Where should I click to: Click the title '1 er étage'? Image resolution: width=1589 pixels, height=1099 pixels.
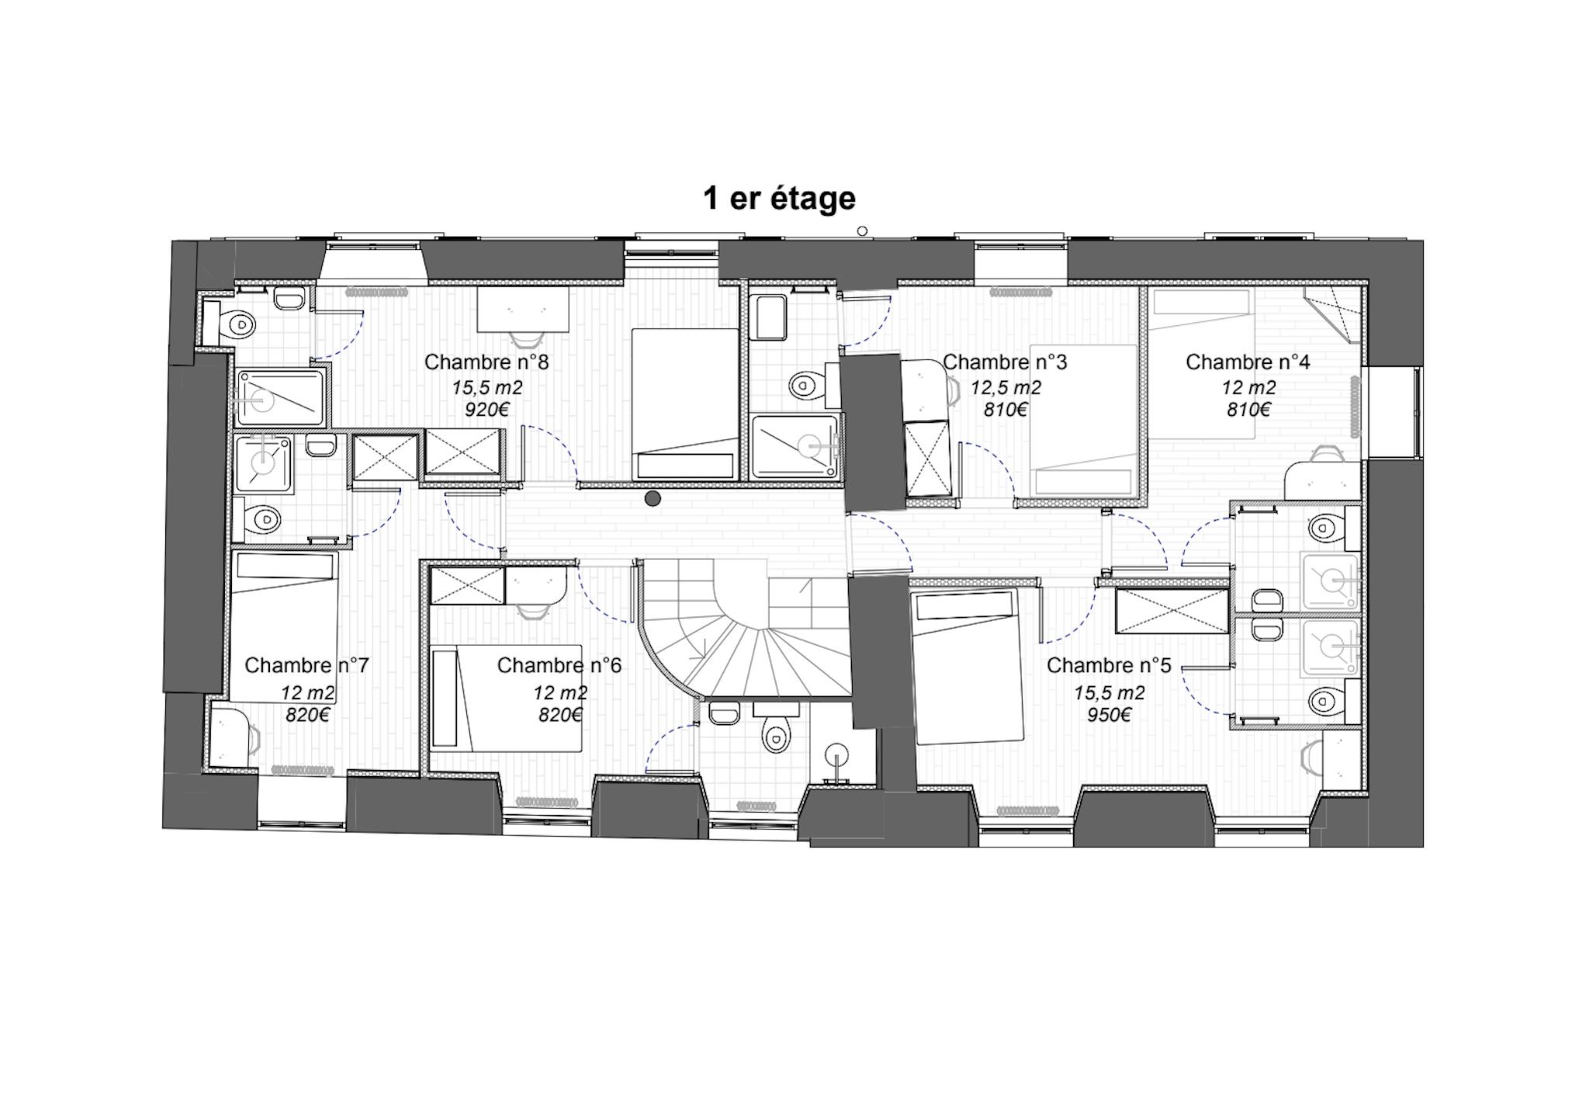tap(779, 199)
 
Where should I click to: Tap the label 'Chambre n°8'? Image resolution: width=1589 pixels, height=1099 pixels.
tap(486, 362)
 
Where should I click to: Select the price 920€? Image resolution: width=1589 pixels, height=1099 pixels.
tap(486, 410)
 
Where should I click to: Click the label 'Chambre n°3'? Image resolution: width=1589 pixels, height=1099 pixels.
tap(1005, 362)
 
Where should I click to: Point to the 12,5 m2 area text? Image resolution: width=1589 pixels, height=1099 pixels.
tap(1006, 387)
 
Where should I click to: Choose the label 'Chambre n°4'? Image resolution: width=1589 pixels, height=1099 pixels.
tap(1248, 362)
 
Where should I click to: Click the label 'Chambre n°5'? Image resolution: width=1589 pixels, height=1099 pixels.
tap(1109, 666)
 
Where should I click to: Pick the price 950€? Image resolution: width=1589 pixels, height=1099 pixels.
tap(1109, 715)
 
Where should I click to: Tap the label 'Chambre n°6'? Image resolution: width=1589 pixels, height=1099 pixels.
tap(559, 666)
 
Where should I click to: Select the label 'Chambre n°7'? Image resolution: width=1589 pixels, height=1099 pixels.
tap(306, 666)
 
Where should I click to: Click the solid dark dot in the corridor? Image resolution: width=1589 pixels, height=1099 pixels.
tap(653, 498)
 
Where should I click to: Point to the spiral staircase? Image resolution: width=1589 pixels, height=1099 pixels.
tap(745, 629)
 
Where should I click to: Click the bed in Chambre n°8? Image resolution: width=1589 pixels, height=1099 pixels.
tap(685, 404)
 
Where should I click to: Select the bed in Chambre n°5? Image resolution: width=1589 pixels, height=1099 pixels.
tap(967, 666)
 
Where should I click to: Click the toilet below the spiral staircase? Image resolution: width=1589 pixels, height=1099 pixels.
tap(774, 733)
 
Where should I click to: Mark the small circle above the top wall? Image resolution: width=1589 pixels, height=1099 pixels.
tap(862, 231)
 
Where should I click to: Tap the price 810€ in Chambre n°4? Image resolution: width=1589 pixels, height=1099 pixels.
tap(1248, 410)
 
